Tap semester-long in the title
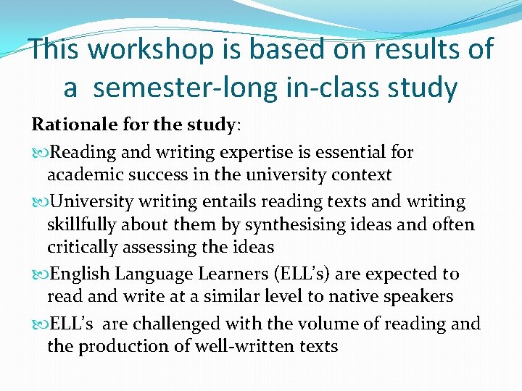pyautogui.click(x=186, y=88)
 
